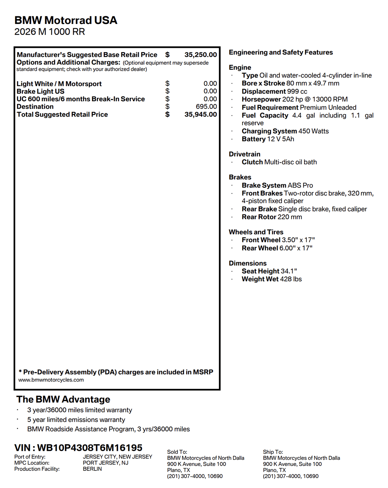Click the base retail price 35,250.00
click(x=200, y=55)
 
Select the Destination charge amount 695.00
click(x=206, y=107)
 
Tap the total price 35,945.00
click(x=200, y=114)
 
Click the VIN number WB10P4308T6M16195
click(x=90, y=448)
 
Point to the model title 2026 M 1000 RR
click(x=49, y=32)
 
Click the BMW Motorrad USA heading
click(x=66, y=20)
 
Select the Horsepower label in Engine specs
click(x=261, y=99)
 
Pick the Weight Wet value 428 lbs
click(x=291, y=279)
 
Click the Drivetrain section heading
click(x=244, y=154)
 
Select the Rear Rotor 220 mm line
click(x=272, y=217)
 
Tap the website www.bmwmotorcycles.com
click(x=51, y=380)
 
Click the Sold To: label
click(x=177, y=452)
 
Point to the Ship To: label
click(x=273, y=452)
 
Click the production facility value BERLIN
click(x=92, y=469)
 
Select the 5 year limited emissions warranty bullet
click(x=76, y=420)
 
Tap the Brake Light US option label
click(x=40, y=92)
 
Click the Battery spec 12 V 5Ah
click(x=280, y=139)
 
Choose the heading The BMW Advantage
click(x=63, y=399)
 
